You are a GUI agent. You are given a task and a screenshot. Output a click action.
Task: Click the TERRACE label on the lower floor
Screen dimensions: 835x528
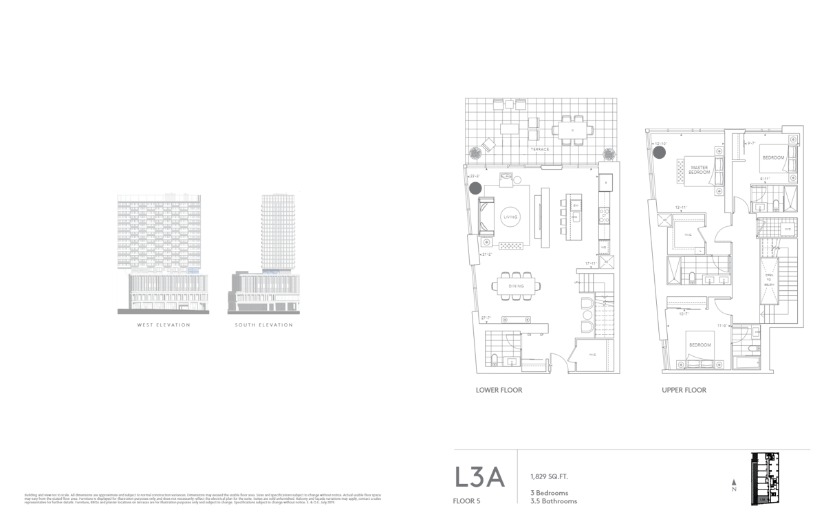(x=539, y=149)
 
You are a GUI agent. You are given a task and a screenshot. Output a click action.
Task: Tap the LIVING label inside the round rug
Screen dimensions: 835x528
(x=510, y=217)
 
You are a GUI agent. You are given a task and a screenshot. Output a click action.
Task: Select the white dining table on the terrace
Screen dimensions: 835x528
(x=572, y=130)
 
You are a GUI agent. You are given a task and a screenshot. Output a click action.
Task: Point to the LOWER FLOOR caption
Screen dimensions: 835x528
(x=499, y=390)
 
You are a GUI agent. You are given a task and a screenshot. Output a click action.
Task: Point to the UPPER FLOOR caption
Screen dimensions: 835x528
(x=684, y=390)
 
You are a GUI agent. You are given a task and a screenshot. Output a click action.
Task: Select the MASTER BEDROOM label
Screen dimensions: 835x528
(x=700, y=169)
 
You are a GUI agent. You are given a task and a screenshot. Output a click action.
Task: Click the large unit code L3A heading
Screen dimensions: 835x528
(x=479, y=477)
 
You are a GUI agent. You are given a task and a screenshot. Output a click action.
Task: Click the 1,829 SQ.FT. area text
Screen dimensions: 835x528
(x=549, y=476)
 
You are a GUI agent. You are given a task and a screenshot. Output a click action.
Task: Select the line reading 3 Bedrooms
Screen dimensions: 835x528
(x=549, y=493)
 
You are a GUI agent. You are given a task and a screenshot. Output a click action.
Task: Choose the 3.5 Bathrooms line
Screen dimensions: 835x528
(x=553, y=501)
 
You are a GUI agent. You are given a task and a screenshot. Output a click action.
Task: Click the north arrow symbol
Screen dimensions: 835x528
(x=734, y=485)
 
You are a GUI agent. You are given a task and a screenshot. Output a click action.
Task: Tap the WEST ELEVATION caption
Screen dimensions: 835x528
(x=163, y=324)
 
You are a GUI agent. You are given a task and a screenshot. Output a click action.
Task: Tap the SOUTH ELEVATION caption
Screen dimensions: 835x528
(x=263, y=324)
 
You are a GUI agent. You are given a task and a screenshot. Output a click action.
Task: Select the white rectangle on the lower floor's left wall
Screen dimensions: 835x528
(x=473, y=249)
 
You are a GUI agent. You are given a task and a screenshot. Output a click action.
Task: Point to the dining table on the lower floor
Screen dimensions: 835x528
(x=516, y=285)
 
